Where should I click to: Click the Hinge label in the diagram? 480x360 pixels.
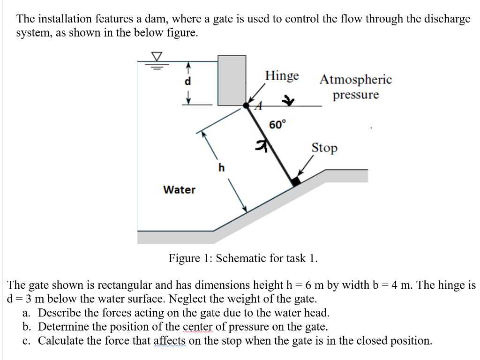(x=282, y=76)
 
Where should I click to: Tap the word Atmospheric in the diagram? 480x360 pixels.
(x=355, y=80)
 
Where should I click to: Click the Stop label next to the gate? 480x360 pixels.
(x=324, y=148)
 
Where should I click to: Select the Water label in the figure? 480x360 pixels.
(x=179, y=190)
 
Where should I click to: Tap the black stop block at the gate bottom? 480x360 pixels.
(x=295, y=181)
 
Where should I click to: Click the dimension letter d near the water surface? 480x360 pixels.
(x=188, y=81)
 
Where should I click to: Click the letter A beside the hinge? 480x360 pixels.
(x=256, y=107)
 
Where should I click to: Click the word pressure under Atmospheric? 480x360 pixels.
(x=356, y=95)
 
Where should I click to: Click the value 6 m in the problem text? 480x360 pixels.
(x=313, y=285)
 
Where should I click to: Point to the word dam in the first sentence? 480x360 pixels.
(x=154, y=19)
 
